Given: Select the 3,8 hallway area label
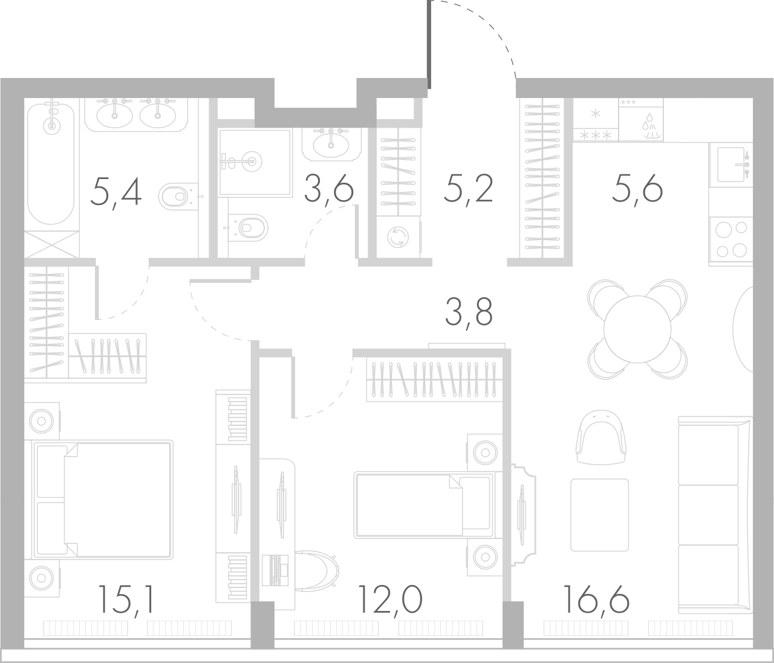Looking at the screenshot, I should click(468, 312).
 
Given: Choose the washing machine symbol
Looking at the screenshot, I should click(397, 237).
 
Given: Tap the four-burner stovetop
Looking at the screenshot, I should click(730, 240).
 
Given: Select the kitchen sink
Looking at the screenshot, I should click(733, 164).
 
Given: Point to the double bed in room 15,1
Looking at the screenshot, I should click(103, 499).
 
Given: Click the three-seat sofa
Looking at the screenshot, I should click(715, 514).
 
